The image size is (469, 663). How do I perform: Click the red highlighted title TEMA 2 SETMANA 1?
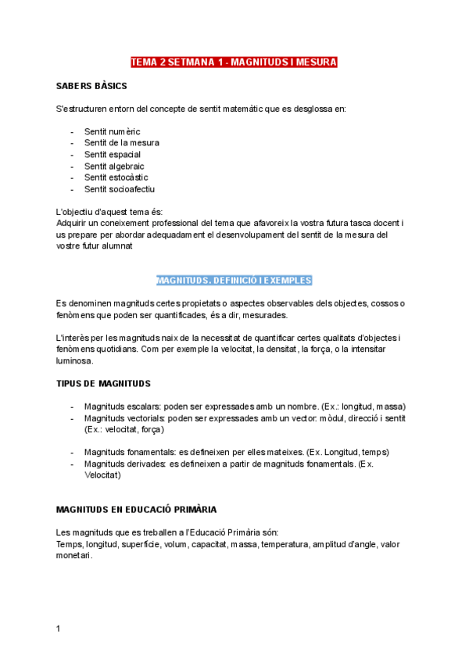234,62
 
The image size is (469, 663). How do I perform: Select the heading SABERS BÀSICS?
92,85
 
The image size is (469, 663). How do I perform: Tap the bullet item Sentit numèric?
113,131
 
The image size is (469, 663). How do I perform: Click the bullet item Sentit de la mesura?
122,143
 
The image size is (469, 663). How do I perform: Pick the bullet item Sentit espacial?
113,155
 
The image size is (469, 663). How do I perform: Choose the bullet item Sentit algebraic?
114,167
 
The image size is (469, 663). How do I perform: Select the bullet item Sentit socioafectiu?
120,189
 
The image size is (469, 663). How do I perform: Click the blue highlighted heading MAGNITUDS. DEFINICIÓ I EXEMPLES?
234,280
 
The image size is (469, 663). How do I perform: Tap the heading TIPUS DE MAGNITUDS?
104,384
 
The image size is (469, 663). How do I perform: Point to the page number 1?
59,629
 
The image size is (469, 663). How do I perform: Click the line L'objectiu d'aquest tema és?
109,212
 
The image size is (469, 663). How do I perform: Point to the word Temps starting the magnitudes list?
70,544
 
